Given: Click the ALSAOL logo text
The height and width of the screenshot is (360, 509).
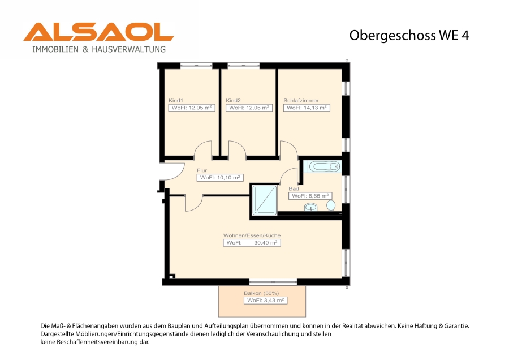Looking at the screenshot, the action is pos(98,32).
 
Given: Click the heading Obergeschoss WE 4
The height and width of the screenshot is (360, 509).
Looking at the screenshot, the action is pos(409,36).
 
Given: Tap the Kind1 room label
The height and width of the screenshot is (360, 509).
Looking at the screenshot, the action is pos(176,100).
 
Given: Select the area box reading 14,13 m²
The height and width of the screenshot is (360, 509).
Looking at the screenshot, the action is pos(307,108).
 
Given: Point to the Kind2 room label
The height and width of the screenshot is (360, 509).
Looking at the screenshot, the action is pos(233,100).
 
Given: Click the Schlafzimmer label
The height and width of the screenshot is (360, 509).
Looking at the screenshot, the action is pos(301,100).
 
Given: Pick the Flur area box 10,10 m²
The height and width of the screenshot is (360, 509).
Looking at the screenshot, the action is pos(220,177).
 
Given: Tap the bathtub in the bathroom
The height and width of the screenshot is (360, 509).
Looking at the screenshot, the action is pos(324,166).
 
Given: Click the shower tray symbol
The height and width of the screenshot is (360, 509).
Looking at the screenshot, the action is pos(265,200).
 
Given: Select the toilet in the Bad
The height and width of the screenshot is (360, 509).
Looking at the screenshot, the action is pos(331,205).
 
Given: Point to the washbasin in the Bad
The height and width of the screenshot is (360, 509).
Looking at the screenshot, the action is pos(310,207).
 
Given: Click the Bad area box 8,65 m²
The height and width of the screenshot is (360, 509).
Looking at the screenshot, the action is pos(310,196).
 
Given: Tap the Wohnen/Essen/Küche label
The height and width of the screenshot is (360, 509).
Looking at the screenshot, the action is pos(252,235).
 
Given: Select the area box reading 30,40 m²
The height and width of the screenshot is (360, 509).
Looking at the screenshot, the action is pos(252,243).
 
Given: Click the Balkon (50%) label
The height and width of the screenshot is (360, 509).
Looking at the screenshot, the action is pos(261,293).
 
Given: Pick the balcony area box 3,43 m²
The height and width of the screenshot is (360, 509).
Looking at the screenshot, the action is pos(266,300).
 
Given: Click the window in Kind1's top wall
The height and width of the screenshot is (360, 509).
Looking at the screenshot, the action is pos(196,66).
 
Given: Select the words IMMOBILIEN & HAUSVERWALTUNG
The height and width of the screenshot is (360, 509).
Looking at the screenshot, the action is pos(99,49).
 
